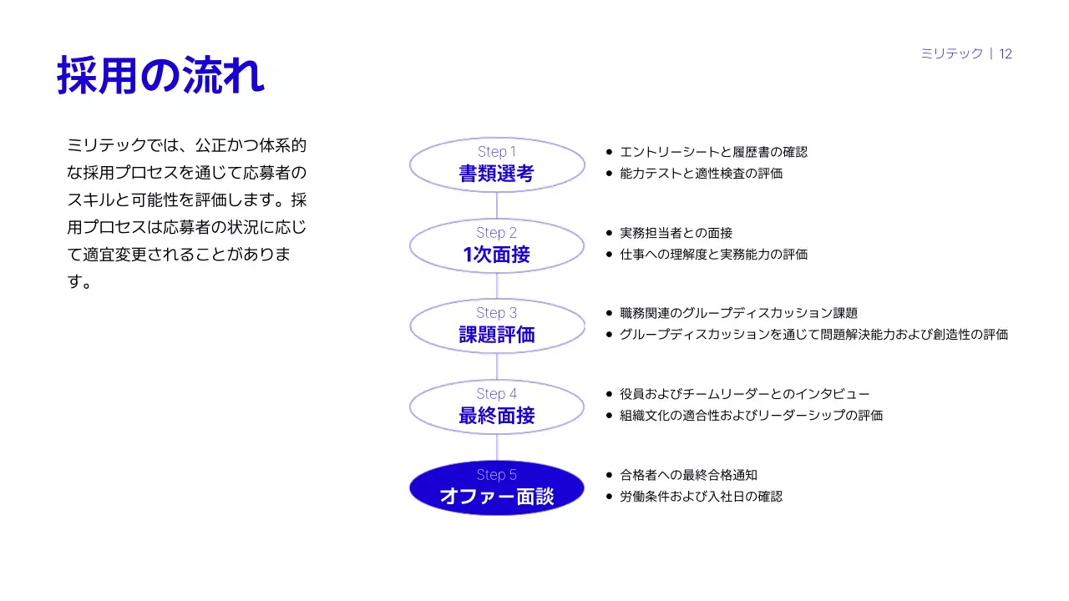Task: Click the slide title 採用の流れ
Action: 160,76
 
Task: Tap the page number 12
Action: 1006,53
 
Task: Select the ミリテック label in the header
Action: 951,53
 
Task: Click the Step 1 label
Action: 497,152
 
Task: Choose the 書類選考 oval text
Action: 496,174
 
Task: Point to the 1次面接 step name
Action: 496,255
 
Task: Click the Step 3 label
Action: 497,313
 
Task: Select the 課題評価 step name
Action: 496,335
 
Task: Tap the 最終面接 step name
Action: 496,416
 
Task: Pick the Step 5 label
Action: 497,475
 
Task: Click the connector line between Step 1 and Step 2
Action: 497,205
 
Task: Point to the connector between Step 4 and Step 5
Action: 497,447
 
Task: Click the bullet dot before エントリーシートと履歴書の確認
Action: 609,152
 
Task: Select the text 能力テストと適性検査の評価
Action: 701,174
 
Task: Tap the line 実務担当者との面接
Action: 676,233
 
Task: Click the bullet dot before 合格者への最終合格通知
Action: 609,475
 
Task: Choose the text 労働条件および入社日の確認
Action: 701,497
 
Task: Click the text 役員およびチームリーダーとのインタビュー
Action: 745,394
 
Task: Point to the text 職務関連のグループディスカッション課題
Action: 738,313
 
